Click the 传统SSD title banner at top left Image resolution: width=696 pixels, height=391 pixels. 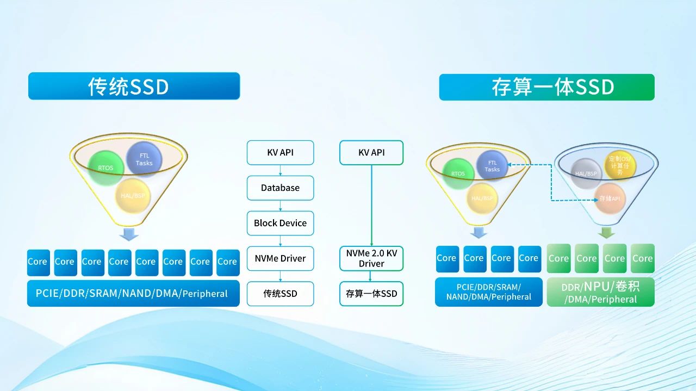coord(134,86)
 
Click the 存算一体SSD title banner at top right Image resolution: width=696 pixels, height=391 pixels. coord(546,87)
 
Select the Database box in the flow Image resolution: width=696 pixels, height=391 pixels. coord(280,188)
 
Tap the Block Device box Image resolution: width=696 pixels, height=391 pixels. coord(280,223)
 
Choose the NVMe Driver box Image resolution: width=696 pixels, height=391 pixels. coord(280,258)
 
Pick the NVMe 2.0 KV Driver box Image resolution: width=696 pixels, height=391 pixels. coord(371,258)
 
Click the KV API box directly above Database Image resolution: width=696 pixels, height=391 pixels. coord(280,152)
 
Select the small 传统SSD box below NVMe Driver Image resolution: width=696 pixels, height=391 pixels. coord(280,294)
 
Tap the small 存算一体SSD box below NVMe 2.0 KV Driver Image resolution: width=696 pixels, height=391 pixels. coord(371,294)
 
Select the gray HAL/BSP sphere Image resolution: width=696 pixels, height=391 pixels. coord(586,173)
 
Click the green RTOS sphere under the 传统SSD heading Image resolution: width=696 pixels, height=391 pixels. coord(105,167)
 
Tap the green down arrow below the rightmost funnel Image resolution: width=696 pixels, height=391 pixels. coord(606,233)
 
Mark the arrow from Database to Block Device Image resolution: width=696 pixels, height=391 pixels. coord(280,206)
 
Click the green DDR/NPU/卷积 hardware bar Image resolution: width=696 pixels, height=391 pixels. coord(600,292)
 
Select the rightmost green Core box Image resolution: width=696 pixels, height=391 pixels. coord(642,258)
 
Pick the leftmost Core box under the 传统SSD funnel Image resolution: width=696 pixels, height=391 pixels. coord(38,262)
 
